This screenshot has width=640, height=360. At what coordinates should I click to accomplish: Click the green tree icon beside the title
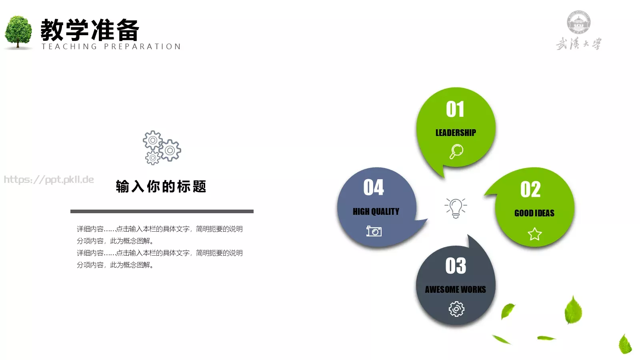click(18, 32)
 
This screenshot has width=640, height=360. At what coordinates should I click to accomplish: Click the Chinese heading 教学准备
click(90, 30)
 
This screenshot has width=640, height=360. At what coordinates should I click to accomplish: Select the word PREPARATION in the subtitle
click(142, 47)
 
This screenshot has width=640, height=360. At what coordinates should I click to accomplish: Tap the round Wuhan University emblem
click(578, 22)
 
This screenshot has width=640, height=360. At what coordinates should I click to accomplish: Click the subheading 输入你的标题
click(161, 186)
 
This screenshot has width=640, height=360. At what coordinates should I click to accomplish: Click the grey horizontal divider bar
click(162, 211)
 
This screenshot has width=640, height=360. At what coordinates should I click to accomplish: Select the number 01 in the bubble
click(455, 109)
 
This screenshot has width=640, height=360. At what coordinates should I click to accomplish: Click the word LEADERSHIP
click(456, 133)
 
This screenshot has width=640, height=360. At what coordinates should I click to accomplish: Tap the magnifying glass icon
click(456, 152)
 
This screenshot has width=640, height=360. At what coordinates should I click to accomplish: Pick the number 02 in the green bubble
click(530, 189)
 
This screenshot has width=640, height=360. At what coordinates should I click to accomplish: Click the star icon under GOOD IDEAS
click(534, 234)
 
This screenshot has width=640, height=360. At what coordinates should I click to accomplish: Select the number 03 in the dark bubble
click(456, 266)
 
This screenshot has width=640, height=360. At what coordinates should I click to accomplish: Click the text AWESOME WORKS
click(455, 290)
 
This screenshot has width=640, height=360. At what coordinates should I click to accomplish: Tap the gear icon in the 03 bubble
click(456, 309)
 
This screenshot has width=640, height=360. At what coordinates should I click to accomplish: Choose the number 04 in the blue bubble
click(374, 187)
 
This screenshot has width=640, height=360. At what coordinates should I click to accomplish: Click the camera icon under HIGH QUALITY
click(374, 231)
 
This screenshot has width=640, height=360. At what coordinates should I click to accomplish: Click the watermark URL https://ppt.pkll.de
click(49, 180)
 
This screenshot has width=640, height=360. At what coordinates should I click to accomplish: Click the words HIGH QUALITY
click(376, 212)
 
